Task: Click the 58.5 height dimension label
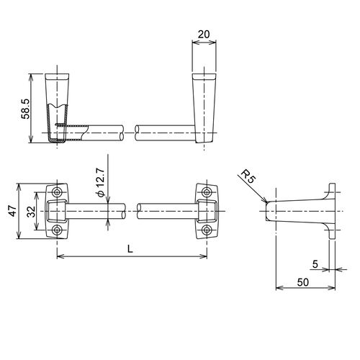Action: point(25,109)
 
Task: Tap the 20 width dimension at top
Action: point(204,35)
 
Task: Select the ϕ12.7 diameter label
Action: point(101,182)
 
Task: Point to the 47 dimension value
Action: point(13,211)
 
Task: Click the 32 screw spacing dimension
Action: point(31,212)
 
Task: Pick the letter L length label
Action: point(130,249)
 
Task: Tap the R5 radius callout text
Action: point(248,176)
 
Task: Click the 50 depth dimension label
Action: point(303,282)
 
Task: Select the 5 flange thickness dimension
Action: point(315,264)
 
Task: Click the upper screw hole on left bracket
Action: point(57,192)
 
